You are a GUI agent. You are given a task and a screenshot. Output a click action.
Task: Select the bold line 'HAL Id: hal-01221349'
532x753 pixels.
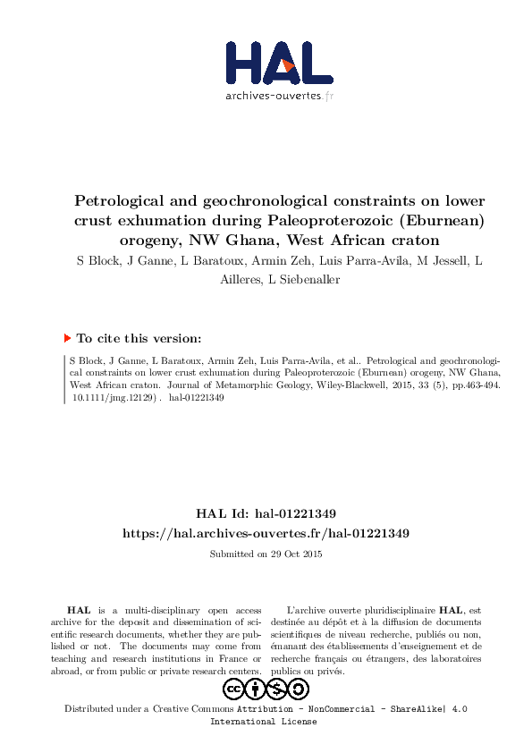coord(266,514)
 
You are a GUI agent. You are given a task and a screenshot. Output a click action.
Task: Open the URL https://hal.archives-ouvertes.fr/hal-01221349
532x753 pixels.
coord(266,533)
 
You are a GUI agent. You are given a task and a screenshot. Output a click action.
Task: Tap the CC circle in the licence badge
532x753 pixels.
coord(234,689)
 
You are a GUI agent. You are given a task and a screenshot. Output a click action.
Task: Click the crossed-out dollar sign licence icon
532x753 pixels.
coord(277,689)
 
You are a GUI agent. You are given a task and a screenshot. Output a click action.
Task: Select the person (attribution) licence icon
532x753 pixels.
coord(256,689)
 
